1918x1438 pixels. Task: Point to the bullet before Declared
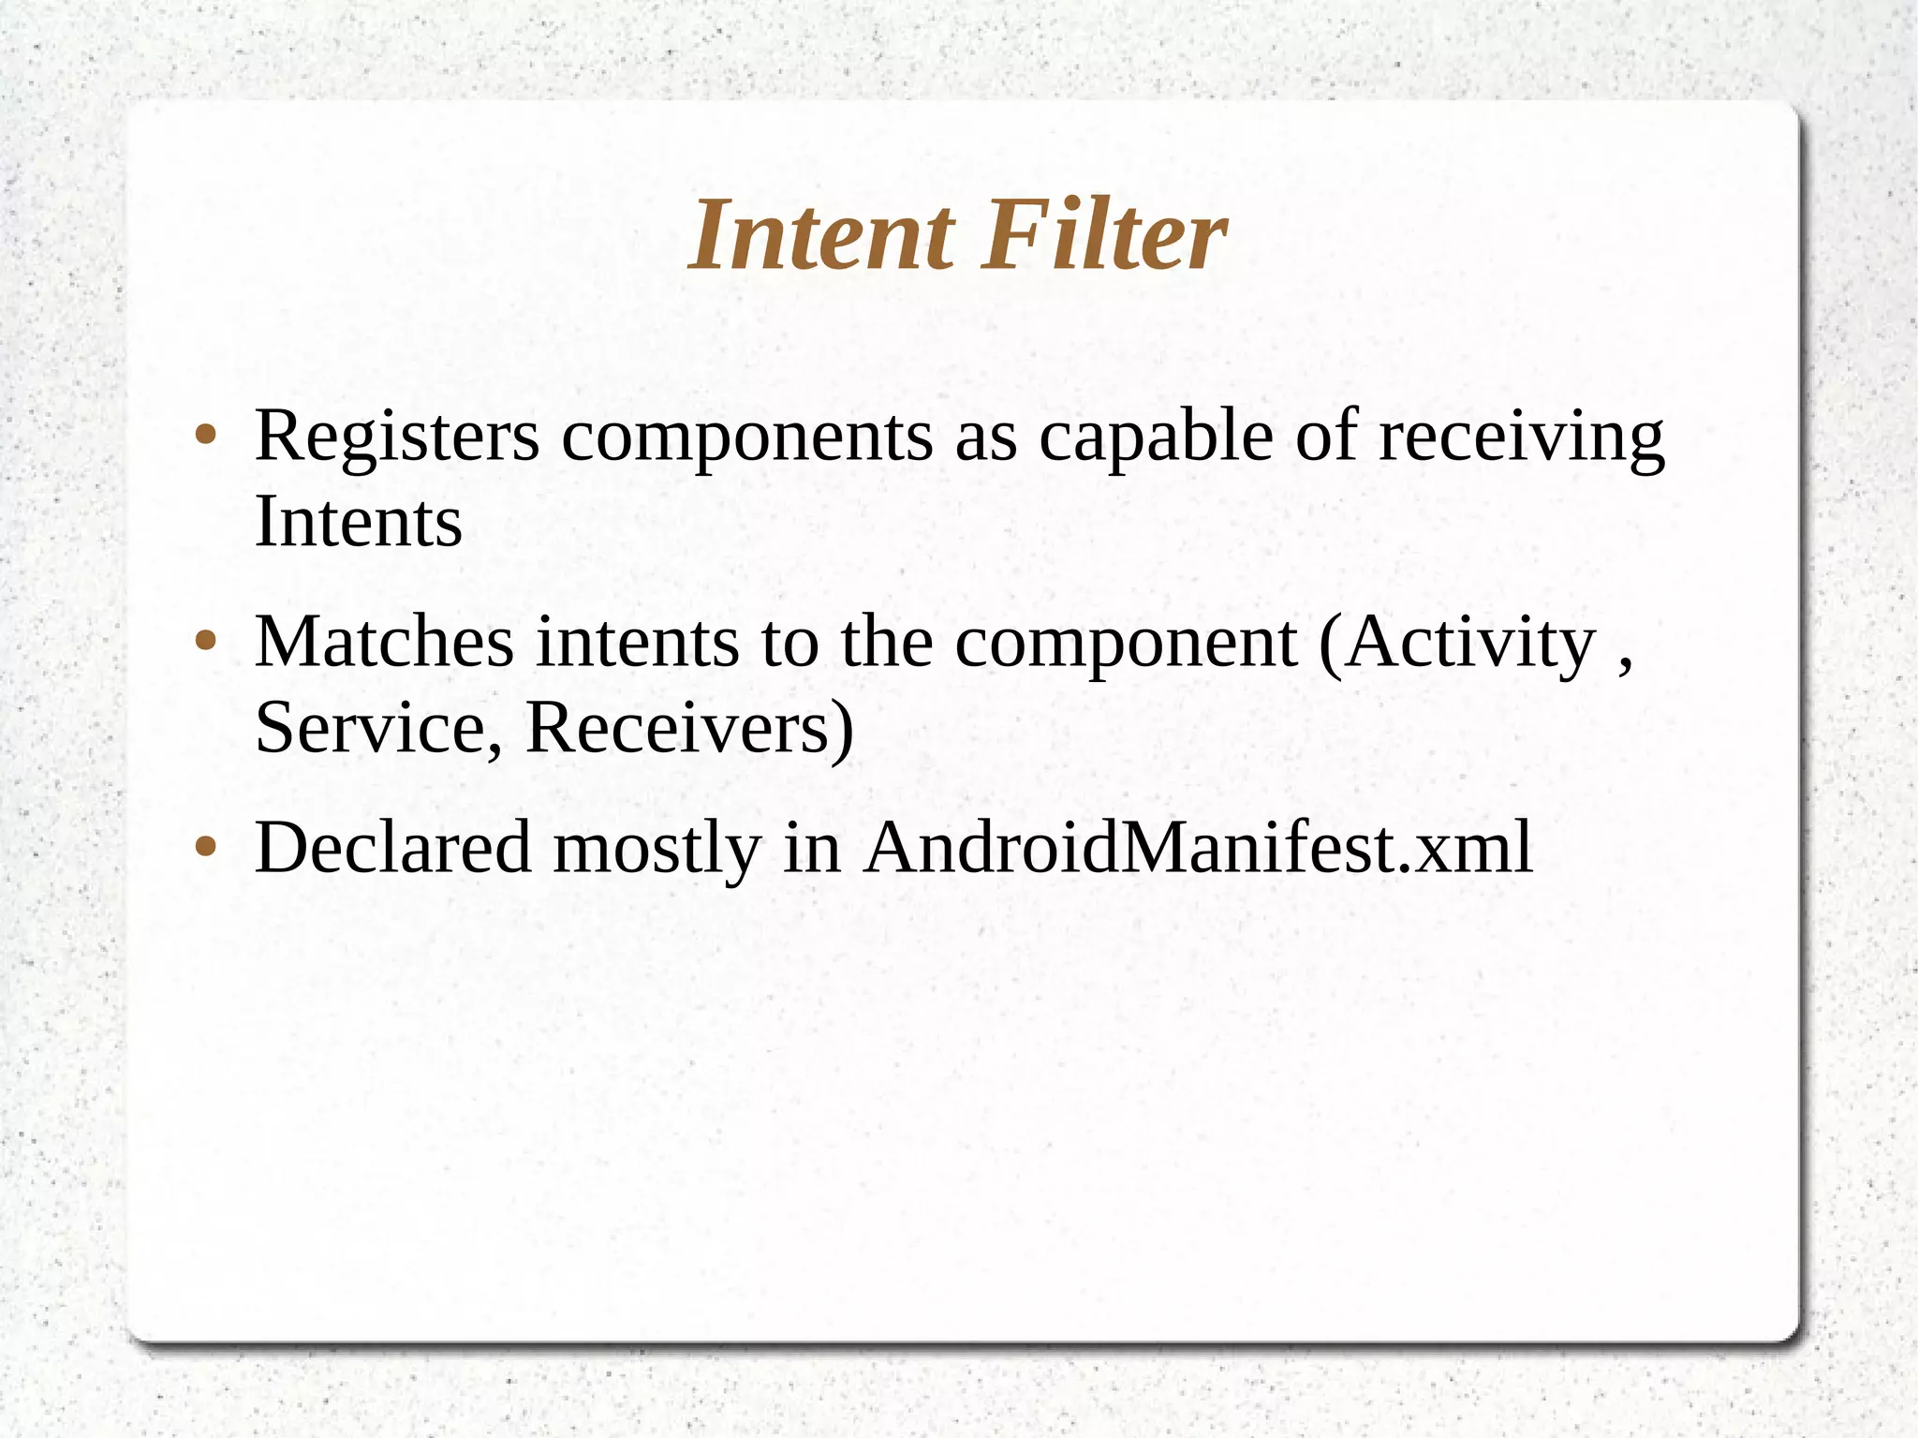(x=206, y=848)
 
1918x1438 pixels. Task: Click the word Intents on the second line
(x=358, y=522)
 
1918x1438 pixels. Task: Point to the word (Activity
(x=1456, y=645)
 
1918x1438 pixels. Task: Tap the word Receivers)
(x=689, y=728)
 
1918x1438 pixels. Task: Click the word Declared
(x=393, y=848)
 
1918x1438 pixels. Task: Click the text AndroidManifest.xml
(x=1198, y=848)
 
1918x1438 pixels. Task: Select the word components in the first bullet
(x=747, y=438)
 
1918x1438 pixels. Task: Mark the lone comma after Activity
(x=1625, y=665)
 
